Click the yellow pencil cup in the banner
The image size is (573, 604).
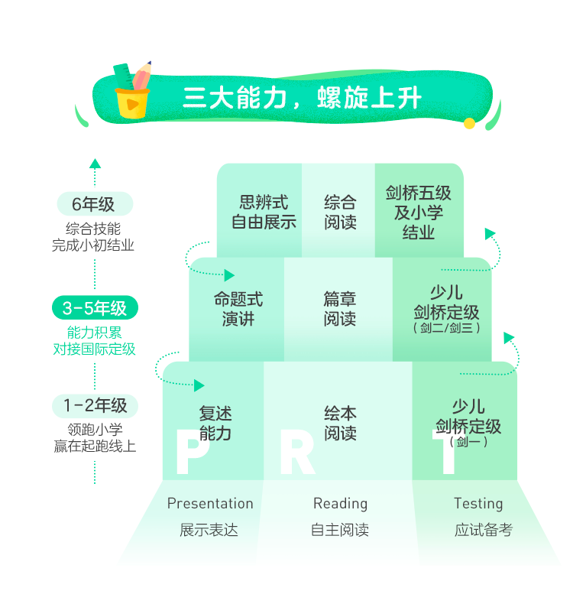[132, 103]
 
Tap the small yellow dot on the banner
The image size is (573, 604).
[469, 123]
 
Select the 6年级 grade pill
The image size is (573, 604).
[95, 204]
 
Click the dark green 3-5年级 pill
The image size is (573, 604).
[95, 308]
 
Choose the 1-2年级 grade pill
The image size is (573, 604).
[95, 406]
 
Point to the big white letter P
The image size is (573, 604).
[193, 450]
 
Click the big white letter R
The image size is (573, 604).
[297, 451]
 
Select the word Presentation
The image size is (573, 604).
[210, 503]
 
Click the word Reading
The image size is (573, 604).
[340, 504]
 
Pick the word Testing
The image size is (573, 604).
[478, 504]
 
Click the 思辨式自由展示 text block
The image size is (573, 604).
[264, 212]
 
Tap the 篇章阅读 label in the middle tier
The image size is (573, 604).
[340, 309]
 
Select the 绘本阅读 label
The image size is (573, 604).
[340, 423]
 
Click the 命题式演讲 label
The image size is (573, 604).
[238, 309]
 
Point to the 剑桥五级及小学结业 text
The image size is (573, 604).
[419, 213]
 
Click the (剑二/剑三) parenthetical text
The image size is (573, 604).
[446, 328]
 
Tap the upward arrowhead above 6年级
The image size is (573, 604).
[95, 164]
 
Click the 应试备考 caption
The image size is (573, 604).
[483, 530]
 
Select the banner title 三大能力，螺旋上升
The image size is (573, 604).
[302, 98]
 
